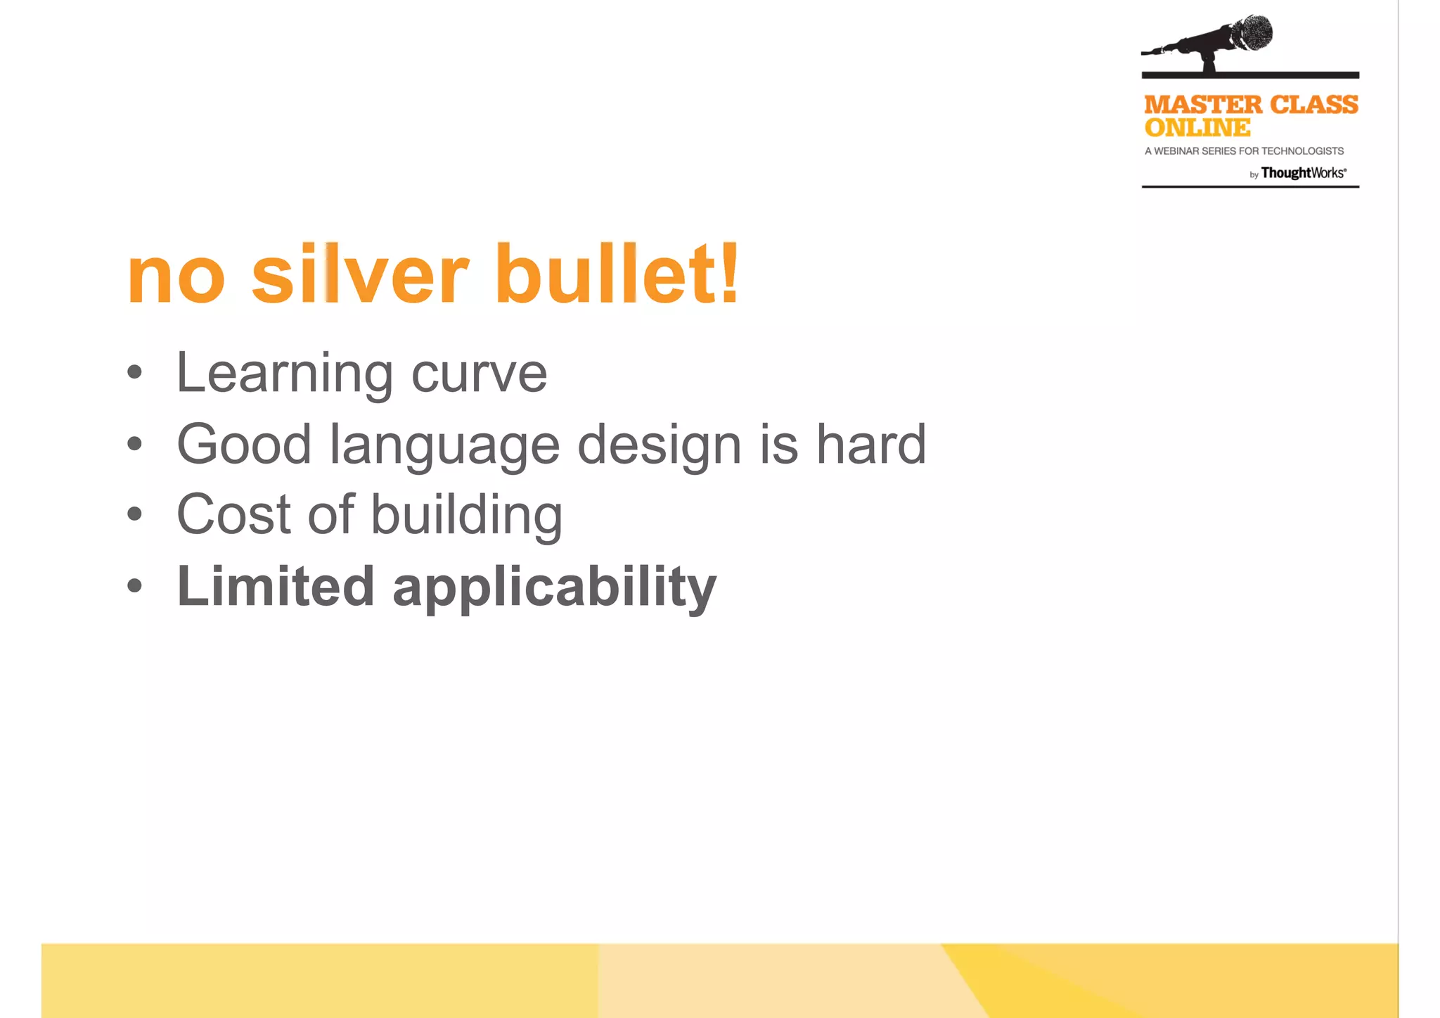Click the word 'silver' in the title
coord(359,274)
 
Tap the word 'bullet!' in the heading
coord(617,274)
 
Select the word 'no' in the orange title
coord(176,278)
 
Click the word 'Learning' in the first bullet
coord(284,374)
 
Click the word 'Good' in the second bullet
coord(244,445)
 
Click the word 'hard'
coord(870,445)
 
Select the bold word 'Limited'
coord(275,586)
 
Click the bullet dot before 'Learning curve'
coord(135,373)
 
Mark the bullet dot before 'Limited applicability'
coord(135,585)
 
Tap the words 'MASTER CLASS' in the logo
coord(1251,105)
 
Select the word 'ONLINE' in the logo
coord(1197,128)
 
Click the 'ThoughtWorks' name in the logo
coord(1302,173)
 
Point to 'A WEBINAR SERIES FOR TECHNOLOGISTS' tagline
coord(1244,151)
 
